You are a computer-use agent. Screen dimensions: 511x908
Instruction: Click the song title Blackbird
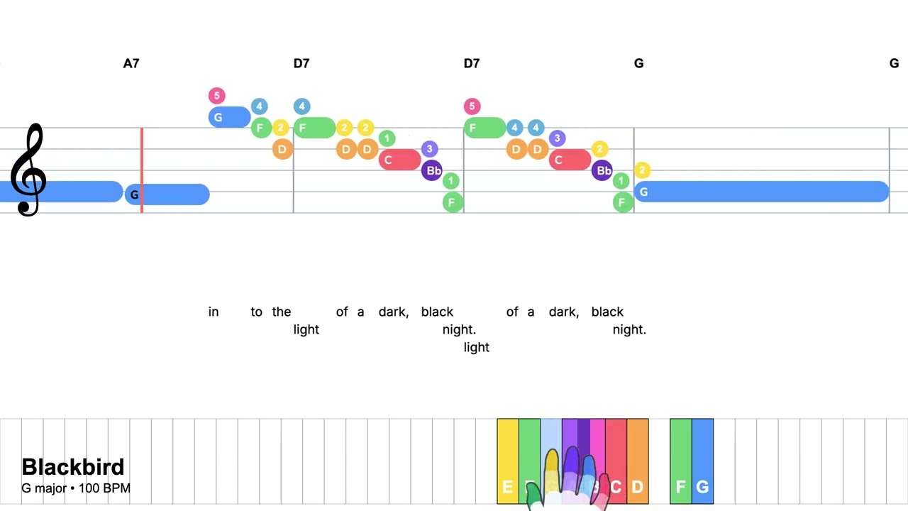73,466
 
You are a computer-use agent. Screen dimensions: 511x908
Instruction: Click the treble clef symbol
28,170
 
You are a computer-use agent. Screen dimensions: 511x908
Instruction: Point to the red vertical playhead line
142,170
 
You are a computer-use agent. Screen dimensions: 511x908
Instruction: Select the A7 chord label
131,63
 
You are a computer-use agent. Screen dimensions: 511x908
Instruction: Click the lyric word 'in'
214,312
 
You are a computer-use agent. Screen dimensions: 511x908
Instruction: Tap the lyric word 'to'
256,312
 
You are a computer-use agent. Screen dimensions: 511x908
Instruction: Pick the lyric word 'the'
281,312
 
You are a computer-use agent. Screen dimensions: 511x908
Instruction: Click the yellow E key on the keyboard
508,461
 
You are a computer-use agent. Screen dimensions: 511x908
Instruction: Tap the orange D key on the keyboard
638,461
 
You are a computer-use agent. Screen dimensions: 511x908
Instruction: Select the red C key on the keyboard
616,461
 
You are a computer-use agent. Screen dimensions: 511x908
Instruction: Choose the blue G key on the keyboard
702,461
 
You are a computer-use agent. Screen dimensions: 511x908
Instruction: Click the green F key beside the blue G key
680,461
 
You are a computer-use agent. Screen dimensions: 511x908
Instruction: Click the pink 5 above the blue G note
216,95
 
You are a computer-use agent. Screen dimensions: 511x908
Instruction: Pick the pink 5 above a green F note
472,106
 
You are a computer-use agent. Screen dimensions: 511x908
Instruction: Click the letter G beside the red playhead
134,194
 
